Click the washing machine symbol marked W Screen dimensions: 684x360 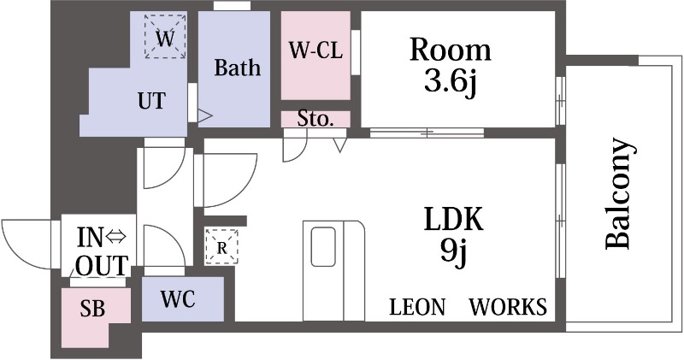pos(165,37)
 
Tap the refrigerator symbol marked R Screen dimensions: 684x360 pos(221,246)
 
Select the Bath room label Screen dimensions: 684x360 pos(238,68)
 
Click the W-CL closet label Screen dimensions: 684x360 pos(315,50)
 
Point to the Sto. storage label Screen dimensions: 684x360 pos(315,119)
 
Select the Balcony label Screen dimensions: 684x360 pos(619,194)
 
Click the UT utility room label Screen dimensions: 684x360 pos(152,101)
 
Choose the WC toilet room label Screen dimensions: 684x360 pos(178,299)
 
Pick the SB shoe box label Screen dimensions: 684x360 pos(92,309)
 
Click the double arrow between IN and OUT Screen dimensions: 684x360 pos(115,238)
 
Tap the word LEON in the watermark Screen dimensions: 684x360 pos(417,307)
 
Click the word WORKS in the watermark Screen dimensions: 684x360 pos(508,307)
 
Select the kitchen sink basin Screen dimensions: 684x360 pos(323,246)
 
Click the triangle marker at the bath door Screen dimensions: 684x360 pos(205,115)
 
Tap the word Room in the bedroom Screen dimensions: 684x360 pos(451,50)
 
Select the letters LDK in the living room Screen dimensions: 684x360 pos(454,220)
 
